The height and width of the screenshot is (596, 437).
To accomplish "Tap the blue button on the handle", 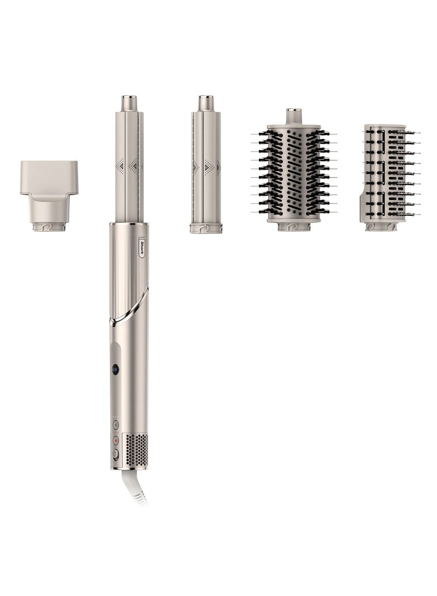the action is (x=115, y=369).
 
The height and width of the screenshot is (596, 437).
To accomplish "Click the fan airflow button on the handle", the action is (x=116, y=424).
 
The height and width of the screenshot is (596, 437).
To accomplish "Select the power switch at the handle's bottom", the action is (x=115, y=454).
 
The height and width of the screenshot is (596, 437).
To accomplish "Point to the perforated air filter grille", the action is (x=136, y=451).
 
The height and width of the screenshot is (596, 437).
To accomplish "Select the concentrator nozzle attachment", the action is (x=49, y=196).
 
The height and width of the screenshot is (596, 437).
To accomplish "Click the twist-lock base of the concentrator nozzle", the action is (x=49, y=227).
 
